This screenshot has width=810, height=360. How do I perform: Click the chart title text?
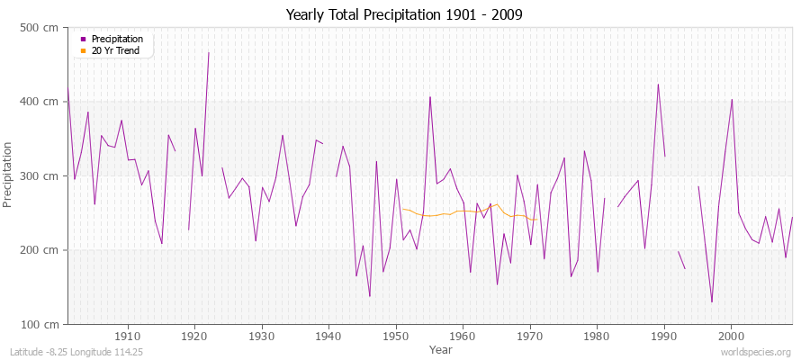(x=404, y=14)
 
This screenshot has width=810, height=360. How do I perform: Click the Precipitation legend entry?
(x=117, y=40)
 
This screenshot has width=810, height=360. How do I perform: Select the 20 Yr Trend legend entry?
(x=113, y=50)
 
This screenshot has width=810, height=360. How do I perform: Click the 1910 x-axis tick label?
(x=128, y=336)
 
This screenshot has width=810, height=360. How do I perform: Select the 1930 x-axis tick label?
(x=262, y=336)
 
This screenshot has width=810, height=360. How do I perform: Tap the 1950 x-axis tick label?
(x=396, y=336)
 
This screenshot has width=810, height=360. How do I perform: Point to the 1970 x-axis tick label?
(x=529, y=336)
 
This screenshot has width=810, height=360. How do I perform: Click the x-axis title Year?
(x=441, y=348)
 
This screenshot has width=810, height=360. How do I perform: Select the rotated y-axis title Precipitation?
(x=9, y=175)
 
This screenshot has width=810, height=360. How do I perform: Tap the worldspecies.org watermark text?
(x=758, y=352)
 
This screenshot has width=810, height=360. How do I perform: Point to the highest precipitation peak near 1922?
(x=208, y=52)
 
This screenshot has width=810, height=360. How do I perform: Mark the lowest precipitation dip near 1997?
(x=712, y=301)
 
